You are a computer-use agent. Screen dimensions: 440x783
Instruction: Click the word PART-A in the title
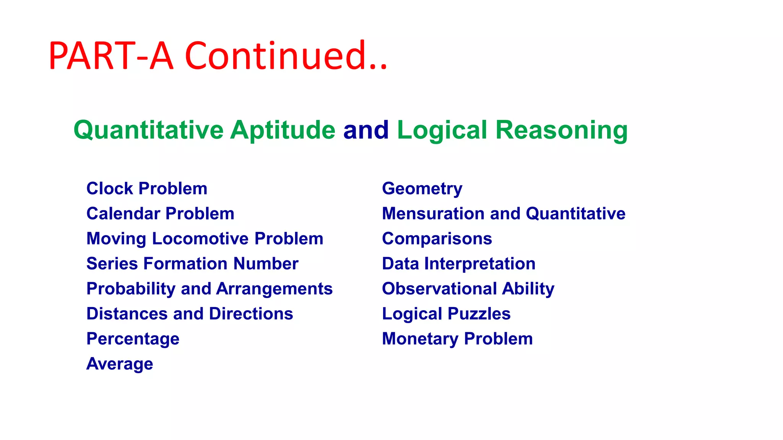(111, 56)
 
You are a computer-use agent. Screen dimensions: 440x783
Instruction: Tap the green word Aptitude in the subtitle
(283, 130)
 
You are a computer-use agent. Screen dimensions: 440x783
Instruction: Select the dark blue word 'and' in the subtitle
(366, 130)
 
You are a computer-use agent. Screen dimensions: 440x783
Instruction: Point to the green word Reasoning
(561, 130)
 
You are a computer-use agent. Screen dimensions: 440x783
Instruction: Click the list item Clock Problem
(147, 189)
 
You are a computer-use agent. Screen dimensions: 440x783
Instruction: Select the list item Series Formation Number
(192, 264)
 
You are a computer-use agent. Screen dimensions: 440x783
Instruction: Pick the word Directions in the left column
(251, 314)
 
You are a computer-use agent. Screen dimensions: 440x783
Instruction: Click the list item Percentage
(133, 339)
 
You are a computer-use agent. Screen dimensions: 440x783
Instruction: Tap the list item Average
(120, 364)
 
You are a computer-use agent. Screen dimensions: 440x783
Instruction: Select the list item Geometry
(422, 189)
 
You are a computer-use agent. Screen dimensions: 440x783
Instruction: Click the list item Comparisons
(437, 239)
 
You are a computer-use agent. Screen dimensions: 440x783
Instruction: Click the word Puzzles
(479, 314)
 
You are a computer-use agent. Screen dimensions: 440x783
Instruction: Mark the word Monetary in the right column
(420, 339)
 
